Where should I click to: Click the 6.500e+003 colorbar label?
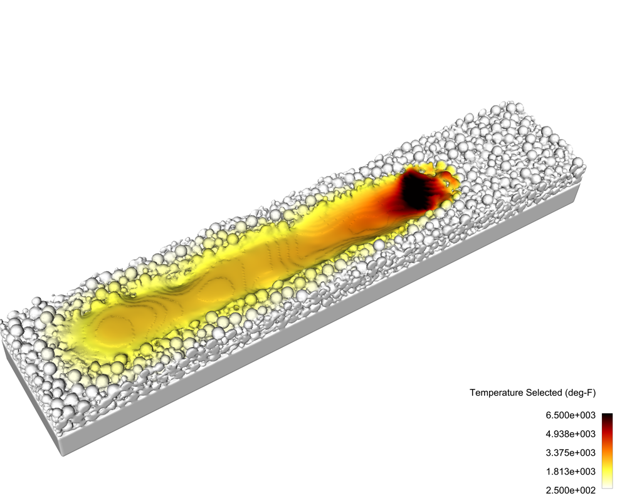[571, 415]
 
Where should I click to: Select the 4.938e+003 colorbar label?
[571, 434]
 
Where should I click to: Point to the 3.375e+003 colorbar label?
[571, 453]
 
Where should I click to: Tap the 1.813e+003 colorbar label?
[571, 472]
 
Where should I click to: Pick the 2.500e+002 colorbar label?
[571, 490]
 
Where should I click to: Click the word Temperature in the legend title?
[495, 393]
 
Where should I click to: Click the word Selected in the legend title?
[542, 393]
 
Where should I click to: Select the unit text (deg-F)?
[580, 393]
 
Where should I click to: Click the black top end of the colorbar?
[607, 415]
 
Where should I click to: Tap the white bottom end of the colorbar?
[607, 485]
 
